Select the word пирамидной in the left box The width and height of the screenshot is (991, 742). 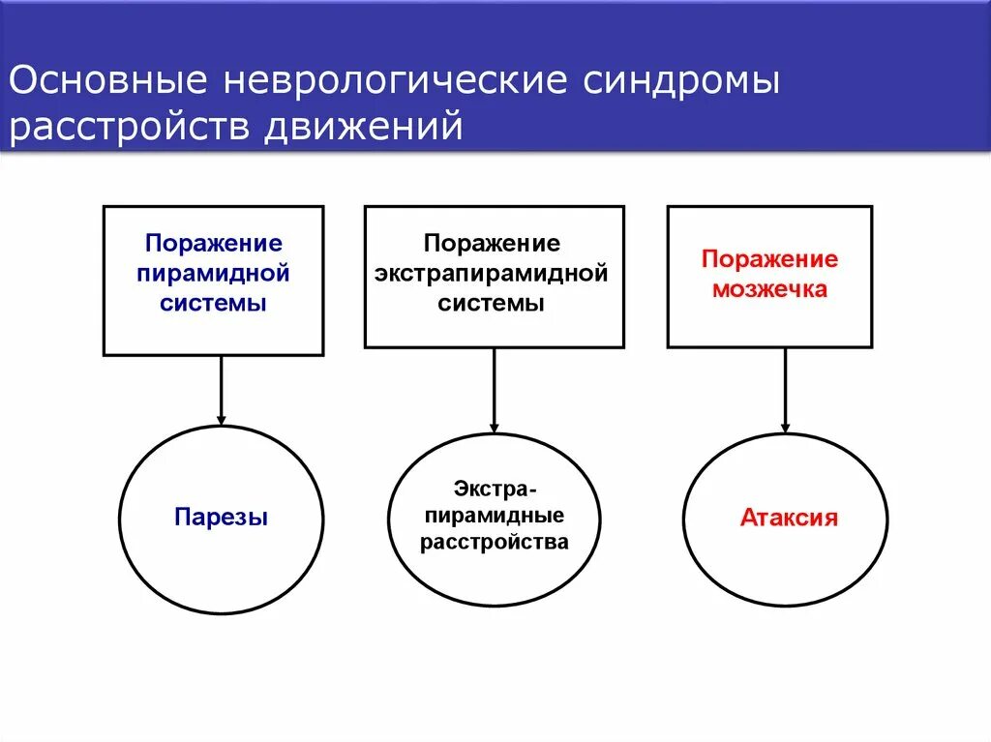pos(214,273)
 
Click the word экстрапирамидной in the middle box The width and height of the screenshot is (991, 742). pos(494,273)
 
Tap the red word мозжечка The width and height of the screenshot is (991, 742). pos(770,289)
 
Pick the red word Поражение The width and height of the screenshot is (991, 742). pos(770,258)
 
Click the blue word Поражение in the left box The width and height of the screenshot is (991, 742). pos(214,243)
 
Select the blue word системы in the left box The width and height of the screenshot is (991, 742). pos(214,303)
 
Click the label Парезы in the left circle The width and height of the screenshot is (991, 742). pos(222,518)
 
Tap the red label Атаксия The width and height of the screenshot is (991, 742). pos(789,518)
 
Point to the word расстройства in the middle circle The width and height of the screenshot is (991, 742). pos(494,542)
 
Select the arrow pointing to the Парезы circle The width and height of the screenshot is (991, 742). pos(222,390)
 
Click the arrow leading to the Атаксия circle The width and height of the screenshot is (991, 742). pos(785,390)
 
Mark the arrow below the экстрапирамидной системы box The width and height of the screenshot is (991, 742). pos(494,390)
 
